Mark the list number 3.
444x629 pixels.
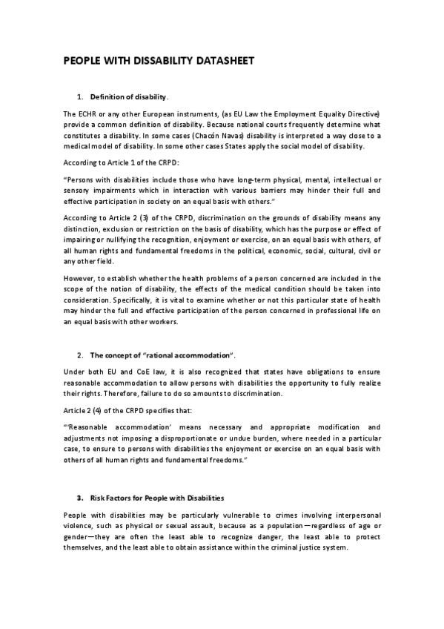79,497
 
